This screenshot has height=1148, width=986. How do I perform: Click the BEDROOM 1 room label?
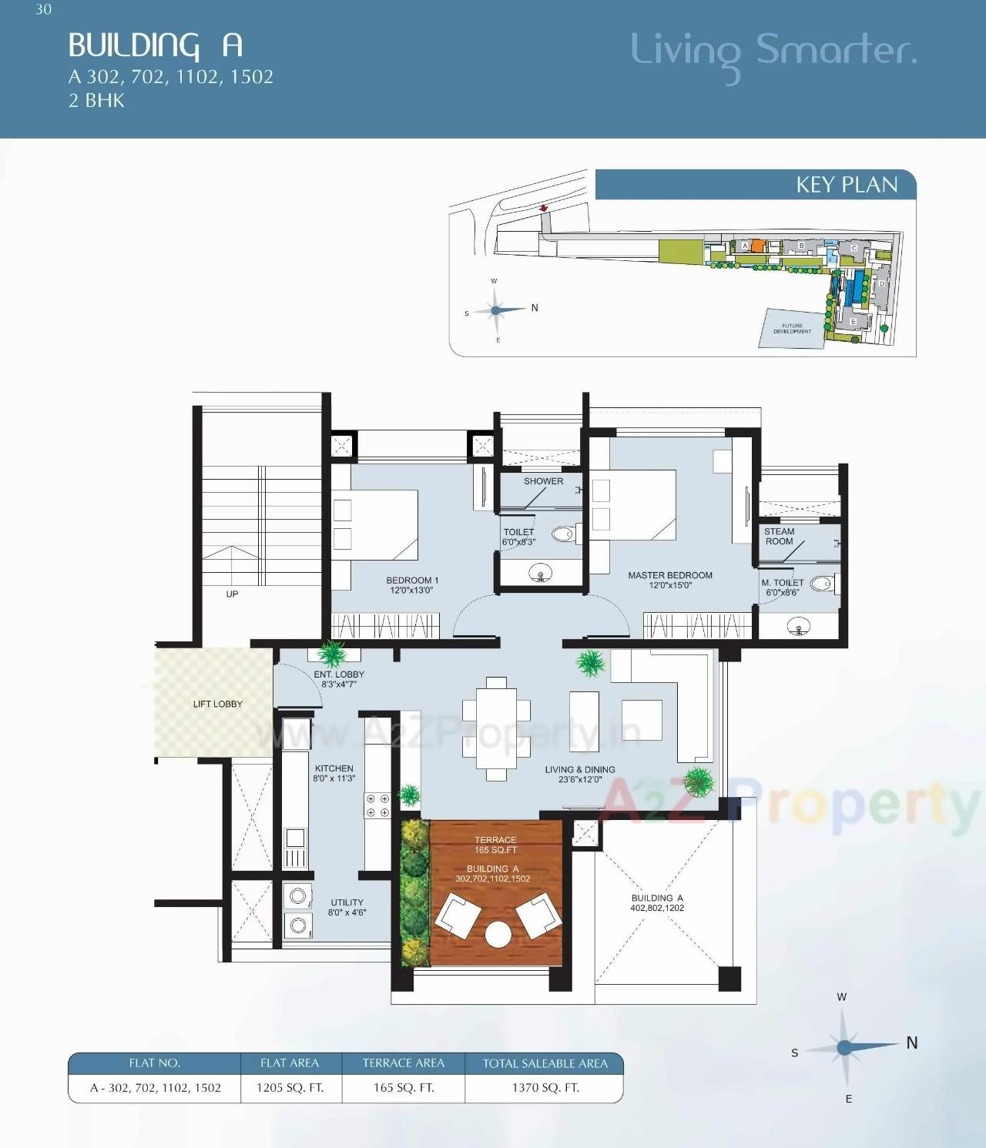[x=412, y=585]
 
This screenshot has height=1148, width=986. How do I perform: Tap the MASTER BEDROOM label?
[x=670, y=580]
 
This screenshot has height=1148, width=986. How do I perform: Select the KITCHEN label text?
[x=334, y=773]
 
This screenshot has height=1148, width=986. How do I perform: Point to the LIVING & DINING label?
[x=580, y=774]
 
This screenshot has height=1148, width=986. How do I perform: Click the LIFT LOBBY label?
[x=218, y=704]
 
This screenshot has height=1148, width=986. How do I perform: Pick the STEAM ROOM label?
[x=779, y=537]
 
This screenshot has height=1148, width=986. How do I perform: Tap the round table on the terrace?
[x=498, y=935]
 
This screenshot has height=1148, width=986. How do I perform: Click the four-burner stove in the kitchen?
[x=377, y=806]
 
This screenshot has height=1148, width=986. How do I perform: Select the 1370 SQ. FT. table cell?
[x=545, y=1088]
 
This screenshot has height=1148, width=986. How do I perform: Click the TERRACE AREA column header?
[x=404, y=1063]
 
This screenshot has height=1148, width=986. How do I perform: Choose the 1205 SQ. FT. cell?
[x=290, y=1088]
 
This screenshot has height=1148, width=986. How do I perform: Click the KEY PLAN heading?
[x=847, y=185]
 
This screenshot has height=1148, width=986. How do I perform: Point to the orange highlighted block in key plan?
[x=757, y=246]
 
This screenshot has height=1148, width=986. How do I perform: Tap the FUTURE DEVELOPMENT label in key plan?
[x=792, y=329]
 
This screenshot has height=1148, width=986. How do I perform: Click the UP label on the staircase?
[x=232, y=594]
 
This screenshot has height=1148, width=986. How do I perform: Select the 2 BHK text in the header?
[x=96, y=101]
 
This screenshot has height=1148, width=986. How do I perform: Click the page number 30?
[x=43, y=9]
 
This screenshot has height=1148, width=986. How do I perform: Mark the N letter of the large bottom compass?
[x=912, y=1043]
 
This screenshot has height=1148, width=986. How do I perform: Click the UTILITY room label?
[x=347, y=907]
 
